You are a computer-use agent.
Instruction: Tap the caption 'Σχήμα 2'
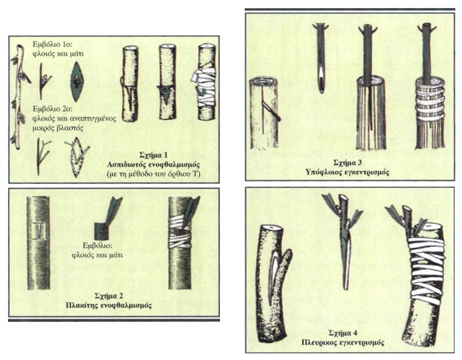tap(109, 295)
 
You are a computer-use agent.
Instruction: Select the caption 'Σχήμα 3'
tap(347, 163)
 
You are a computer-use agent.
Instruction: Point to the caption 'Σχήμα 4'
tap(343, 333)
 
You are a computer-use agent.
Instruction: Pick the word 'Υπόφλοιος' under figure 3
tap(324, 172)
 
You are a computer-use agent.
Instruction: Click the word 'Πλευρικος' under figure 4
tap(319, 343)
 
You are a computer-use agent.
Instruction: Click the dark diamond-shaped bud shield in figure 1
tap(77, 81)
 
